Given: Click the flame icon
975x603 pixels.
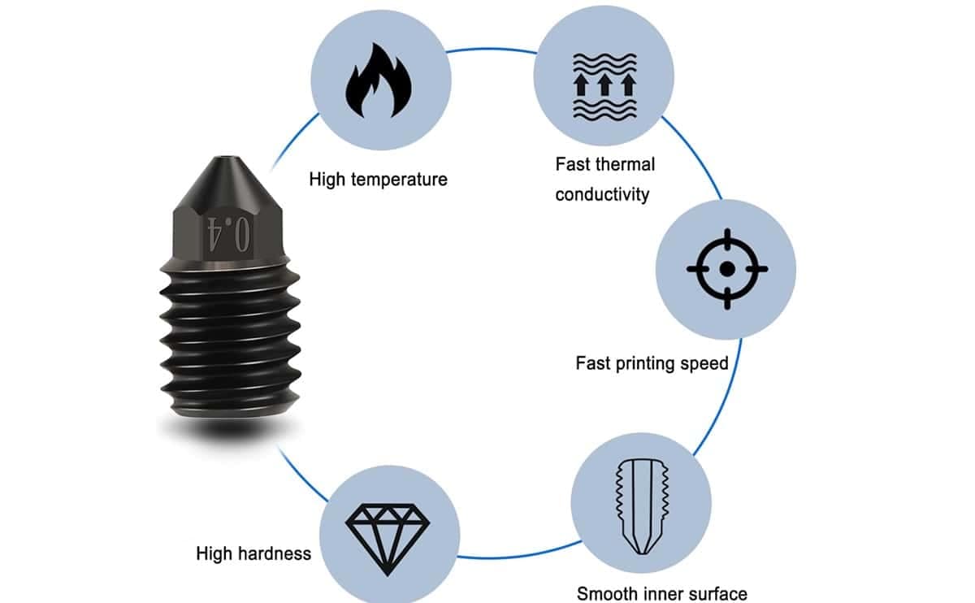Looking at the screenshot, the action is pos(379,80).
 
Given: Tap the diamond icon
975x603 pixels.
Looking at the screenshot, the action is pos(388,540).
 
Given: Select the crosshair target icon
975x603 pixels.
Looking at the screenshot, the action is pos(727,269).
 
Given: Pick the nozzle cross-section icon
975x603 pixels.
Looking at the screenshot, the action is pos(642,506).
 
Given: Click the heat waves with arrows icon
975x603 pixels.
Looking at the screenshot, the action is pos(604,86).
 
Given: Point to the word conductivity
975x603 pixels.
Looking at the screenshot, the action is pos(602,194).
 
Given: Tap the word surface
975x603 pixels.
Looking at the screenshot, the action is pos(720,594).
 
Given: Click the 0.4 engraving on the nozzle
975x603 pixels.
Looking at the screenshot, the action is pos(228,234).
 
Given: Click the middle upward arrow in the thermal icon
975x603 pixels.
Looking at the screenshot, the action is pos(604,85).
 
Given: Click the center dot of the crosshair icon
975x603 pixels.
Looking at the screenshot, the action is pos(727,269).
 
